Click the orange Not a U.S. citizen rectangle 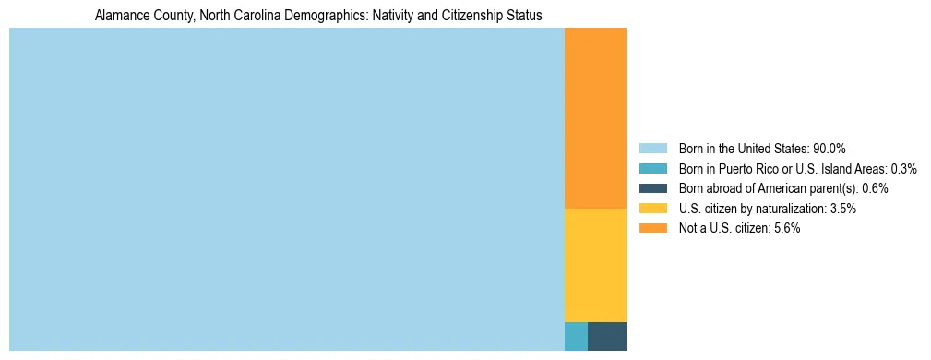tap(595, 118)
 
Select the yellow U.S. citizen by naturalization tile tap(595, 265)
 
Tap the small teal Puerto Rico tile tap(576, 336)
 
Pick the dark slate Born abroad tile tap(607, 336)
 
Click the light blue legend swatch tap(652, 149)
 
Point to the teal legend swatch tap(652, 169)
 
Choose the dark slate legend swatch tap(652, 188)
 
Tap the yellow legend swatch tap(652, 209)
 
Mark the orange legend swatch tap(652, 229)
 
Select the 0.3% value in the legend tap(902, 169)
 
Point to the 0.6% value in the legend tap(875, 188)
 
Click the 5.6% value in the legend tap(785, 229)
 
